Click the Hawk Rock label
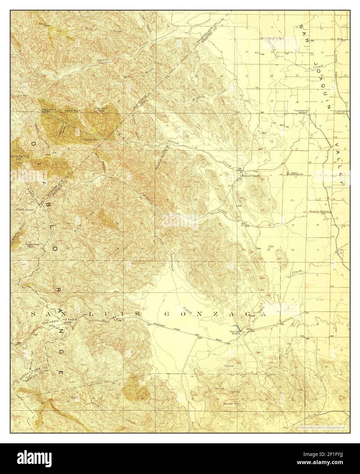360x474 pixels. [x=71, y=111]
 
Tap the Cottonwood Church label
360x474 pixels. [x=342, y=112]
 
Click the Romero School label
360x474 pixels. [x=319, y=211]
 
